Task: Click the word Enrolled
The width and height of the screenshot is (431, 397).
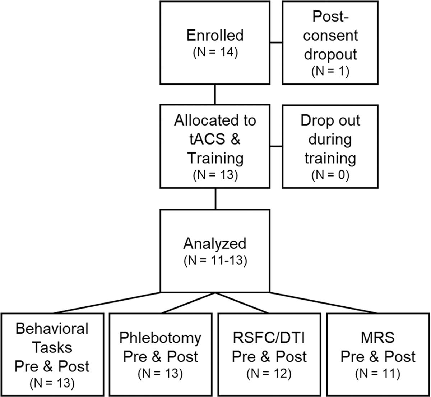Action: (215, 36)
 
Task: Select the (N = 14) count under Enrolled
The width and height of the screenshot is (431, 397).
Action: (215, 54)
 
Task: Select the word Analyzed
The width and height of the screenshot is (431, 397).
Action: (215, 243)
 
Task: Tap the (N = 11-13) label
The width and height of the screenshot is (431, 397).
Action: (215, 261)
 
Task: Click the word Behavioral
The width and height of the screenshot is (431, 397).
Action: (52, 328)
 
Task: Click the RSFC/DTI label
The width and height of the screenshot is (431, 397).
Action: (269, 338)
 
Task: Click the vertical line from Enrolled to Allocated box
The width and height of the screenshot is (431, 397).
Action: (215, 94)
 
